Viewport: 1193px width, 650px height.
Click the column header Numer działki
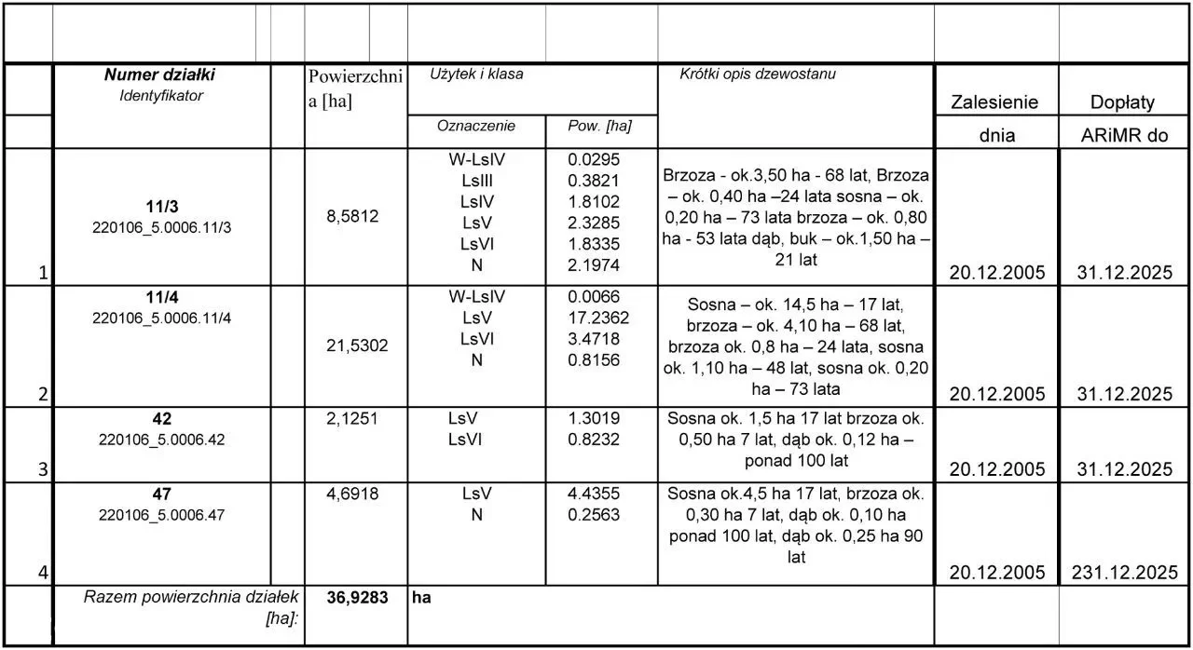(159, 75)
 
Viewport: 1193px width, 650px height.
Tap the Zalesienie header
(994, 102)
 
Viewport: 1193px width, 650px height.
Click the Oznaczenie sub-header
(476, 126)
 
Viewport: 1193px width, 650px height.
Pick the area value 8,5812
(351, 216)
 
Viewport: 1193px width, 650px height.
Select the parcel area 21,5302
(351, 345)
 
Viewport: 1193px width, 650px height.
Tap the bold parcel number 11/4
(160, 298)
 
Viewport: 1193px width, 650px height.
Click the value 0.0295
(594, 159)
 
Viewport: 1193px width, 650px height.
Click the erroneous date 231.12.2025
(1125, 573)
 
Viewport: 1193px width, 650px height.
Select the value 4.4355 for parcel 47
(594, 494)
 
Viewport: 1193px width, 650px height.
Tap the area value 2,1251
(351, 419)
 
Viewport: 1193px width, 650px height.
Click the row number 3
(42, 470)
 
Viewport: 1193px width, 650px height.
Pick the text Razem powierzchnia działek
(190, 597)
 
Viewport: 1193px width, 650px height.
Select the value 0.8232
(594, 440)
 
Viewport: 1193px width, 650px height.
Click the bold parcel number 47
(161, 494)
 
